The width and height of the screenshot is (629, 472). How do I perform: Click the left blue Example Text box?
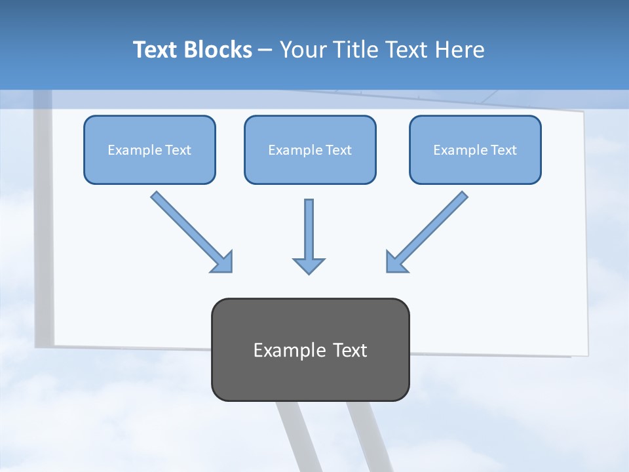[149, 149]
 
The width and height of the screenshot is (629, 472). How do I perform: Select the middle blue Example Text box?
[310, 149]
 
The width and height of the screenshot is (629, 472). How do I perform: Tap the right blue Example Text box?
[475, 149]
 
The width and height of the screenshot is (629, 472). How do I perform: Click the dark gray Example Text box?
[310, 349]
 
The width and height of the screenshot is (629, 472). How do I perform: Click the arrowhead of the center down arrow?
[309, 265]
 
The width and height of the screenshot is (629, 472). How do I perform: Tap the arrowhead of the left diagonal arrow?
[223, 262]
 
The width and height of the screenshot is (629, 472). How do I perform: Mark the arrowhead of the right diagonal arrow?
[396, 262]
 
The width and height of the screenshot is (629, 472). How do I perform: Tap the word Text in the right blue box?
[503, 150]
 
